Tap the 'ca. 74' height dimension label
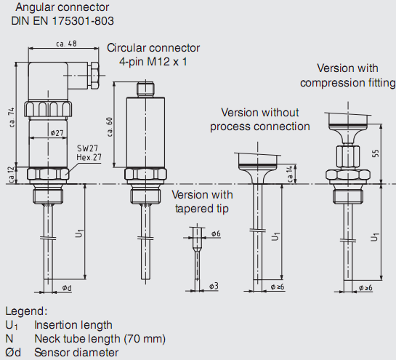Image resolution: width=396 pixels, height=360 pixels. [11, 118]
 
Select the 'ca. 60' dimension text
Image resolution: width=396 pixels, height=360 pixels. [110, 127]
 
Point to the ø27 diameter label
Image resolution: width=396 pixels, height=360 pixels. [57, 132]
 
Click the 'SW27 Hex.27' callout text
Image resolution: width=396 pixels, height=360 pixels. [89, 153]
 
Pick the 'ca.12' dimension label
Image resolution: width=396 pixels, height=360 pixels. [12, 175]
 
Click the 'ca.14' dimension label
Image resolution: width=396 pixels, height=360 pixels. [290, 174]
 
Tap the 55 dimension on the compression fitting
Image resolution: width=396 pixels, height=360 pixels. [376, 153]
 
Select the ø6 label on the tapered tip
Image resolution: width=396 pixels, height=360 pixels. [216, 233]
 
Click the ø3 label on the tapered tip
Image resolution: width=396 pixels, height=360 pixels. [214, 286]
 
